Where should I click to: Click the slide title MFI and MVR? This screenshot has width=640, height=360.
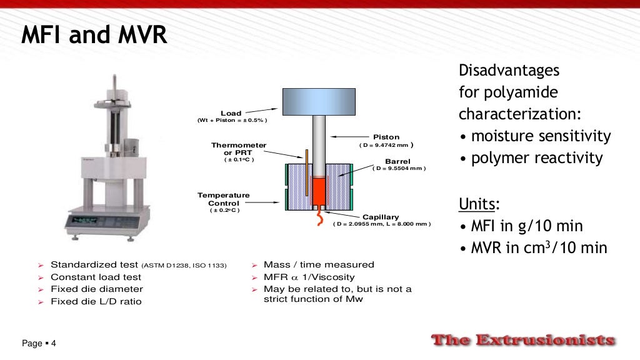[x=94, y=36]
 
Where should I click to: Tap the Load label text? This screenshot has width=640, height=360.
[x=231, y=114]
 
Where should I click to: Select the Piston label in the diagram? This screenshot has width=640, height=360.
[x=386, y=137]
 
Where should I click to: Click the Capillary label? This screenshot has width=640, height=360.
[x=381, y=217]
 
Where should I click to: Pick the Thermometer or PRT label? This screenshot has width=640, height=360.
[x=239, y=149]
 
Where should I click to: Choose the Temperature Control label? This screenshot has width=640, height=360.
[x=224, y=199]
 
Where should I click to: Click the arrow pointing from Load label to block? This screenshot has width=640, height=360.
[x=262, y=110]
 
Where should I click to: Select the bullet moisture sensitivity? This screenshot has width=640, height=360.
[x=534, y=136]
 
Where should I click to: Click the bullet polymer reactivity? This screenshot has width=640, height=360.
[x=531, y=158]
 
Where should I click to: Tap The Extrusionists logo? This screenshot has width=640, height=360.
[x=523, y=341]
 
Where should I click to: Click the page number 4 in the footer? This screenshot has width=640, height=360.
[x=54, y=344]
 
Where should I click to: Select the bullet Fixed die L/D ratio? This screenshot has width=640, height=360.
[x=96, y=301]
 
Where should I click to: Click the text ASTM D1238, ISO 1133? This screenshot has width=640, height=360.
[x=184, y=265]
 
